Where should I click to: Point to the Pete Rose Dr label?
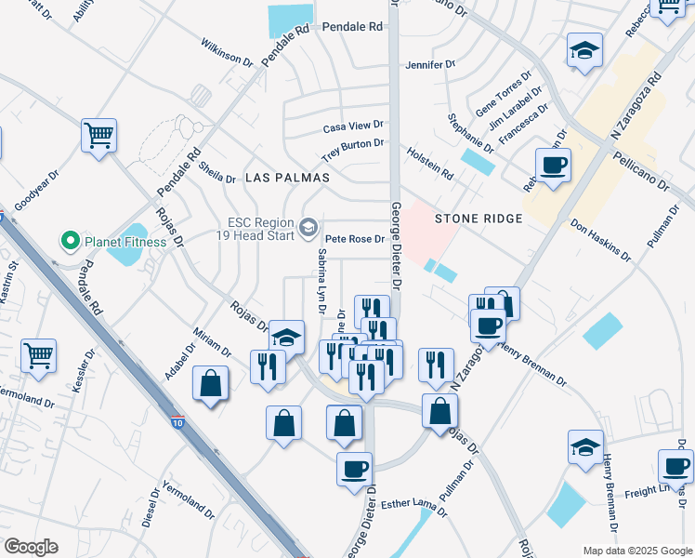(354, 239)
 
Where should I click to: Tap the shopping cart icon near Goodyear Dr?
(98, 136)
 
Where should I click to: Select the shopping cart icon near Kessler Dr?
(38, 354)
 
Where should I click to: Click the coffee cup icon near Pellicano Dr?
(553, 166)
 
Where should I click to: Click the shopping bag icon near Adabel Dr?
(211, 382)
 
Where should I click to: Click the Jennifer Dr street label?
(430, 65)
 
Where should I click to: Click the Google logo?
(31, 546)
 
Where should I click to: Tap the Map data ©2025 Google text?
(636, 551)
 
